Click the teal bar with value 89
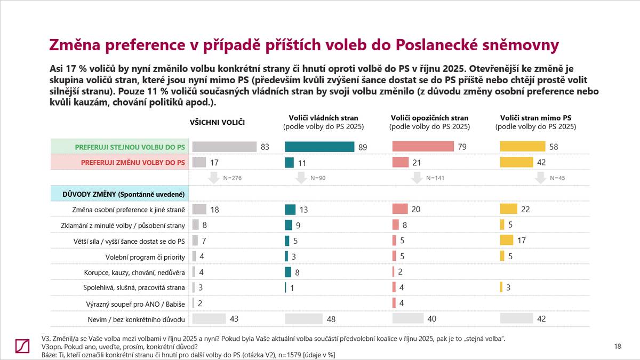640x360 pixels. [320, 147]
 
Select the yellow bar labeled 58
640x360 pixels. [522, 147]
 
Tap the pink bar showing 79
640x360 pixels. [423, 147]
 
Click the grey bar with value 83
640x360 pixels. [225, 147]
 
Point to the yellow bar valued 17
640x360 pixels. [506, 241]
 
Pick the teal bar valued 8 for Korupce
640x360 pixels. [289, 272]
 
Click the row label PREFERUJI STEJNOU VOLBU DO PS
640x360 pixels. [130, 147]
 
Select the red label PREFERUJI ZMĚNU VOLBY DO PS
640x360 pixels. [133, 163]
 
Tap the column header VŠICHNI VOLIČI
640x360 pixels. [217, 123]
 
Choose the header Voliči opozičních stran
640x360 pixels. [429, 118]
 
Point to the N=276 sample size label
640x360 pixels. [232, 178]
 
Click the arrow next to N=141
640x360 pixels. [416, 178]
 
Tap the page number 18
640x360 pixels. [618, 347]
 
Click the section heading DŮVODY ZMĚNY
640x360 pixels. [121, 193]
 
